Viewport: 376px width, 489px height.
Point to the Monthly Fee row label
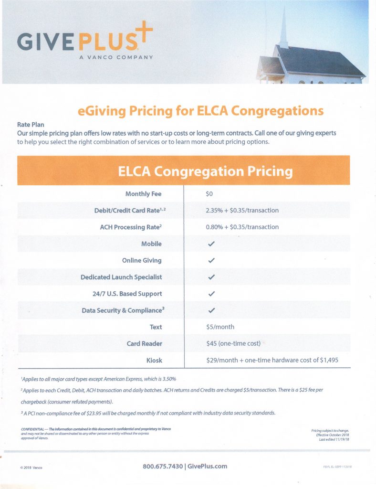(x=143, y=194)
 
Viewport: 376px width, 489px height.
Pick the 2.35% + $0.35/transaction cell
(x=242, y=210)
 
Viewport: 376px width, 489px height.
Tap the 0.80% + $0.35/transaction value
(x=242, y=227)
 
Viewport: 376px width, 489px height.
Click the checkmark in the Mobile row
(x=212, y=244)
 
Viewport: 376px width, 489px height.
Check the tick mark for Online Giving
(x=212, y=261)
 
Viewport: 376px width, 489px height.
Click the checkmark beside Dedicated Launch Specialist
(x=212, y=277)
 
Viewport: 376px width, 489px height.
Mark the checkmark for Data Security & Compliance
(x=212, y=311)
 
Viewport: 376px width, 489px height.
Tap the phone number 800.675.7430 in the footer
(x=163, y=466)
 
